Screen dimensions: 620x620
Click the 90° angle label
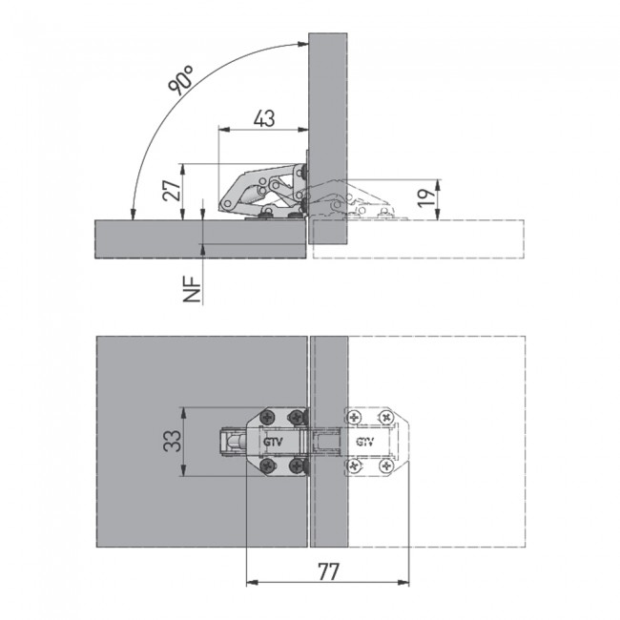point(180,80)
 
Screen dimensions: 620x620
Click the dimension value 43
point(264,118)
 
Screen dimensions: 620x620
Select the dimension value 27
point(173,191)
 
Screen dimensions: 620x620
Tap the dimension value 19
point(426,197)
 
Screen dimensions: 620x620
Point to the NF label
point(192,289)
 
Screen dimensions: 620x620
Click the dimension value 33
point(173,441)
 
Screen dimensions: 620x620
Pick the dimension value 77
point(328,571)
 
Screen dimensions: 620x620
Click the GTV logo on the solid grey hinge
point(273,442)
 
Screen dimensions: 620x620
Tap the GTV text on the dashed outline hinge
point(365,442)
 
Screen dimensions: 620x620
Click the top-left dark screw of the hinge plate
point(268,417)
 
